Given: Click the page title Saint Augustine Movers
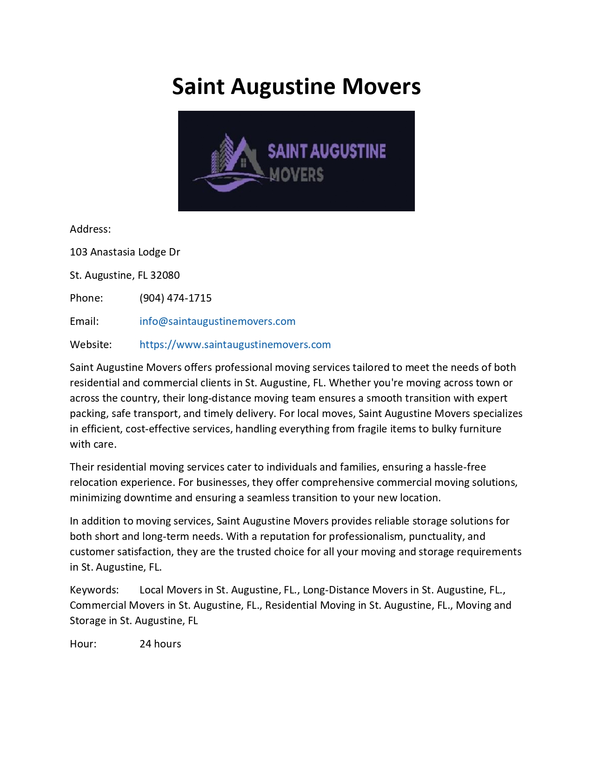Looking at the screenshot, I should [x=296, y=87].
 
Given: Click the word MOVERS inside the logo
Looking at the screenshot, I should [x=296, y=175].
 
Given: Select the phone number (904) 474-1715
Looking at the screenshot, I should [x=175, y=298].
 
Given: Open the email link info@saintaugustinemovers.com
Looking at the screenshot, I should [x=217, y=321].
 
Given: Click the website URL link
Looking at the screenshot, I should [x=235, y=344].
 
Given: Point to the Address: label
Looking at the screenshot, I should [x=90, y=229].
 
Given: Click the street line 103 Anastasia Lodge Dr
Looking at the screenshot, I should [x=125, y=252].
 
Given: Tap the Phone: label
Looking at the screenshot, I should [x=86, y=298].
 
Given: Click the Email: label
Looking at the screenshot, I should [x=84, y=321].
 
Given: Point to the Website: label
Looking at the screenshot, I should [x=91, y=344].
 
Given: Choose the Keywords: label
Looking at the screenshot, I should [x=94, y=590].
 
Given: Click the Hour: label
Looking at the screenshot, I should [x=83, y=644].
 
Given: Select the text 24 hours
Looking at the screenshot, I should [x=160, y=644].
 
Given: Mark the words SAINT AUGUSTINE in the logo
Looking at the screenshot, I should [x=326, y=151].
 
